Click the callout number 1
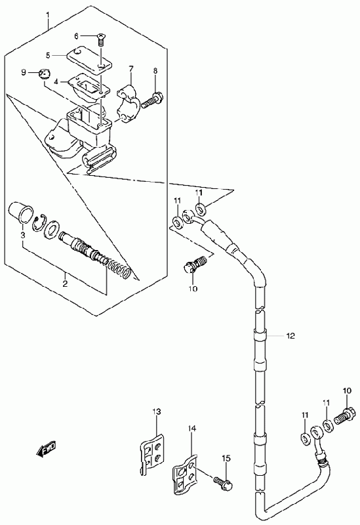pos(48,15)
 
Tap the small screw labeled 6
pos(100,39)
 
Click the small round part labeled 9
pos(44,73)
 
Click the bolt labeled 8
pos(151,100)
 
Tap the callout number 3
pos(22,236)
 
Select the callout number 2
pos(65,284)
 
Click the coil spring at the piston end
pos(118,268)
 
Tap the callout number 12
pos(290,336)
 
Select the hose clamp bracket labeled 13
pos(151,453)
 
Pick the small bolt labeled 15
pos(224,482)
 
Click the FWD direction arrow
pos(45,449)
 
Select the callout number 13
pos(157,411)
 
